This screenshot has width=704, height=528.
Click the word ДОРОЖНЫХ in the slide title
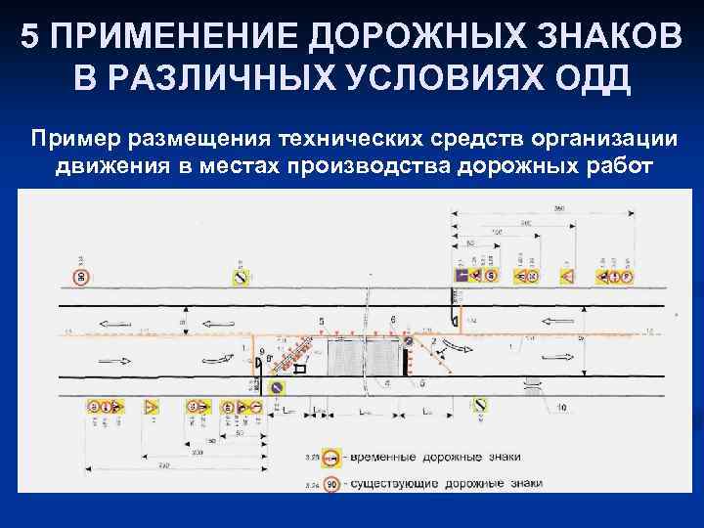coord(359,36)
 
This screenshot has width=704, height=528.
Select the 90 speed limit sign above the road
coord(81,278)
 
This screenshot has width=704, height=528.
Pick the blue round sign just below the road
coord(277,388)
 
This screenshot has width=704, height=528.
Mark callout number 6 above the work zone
coord(393,320)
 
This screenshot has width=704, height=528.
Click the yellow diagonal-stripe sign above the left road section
coord(240,278)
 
